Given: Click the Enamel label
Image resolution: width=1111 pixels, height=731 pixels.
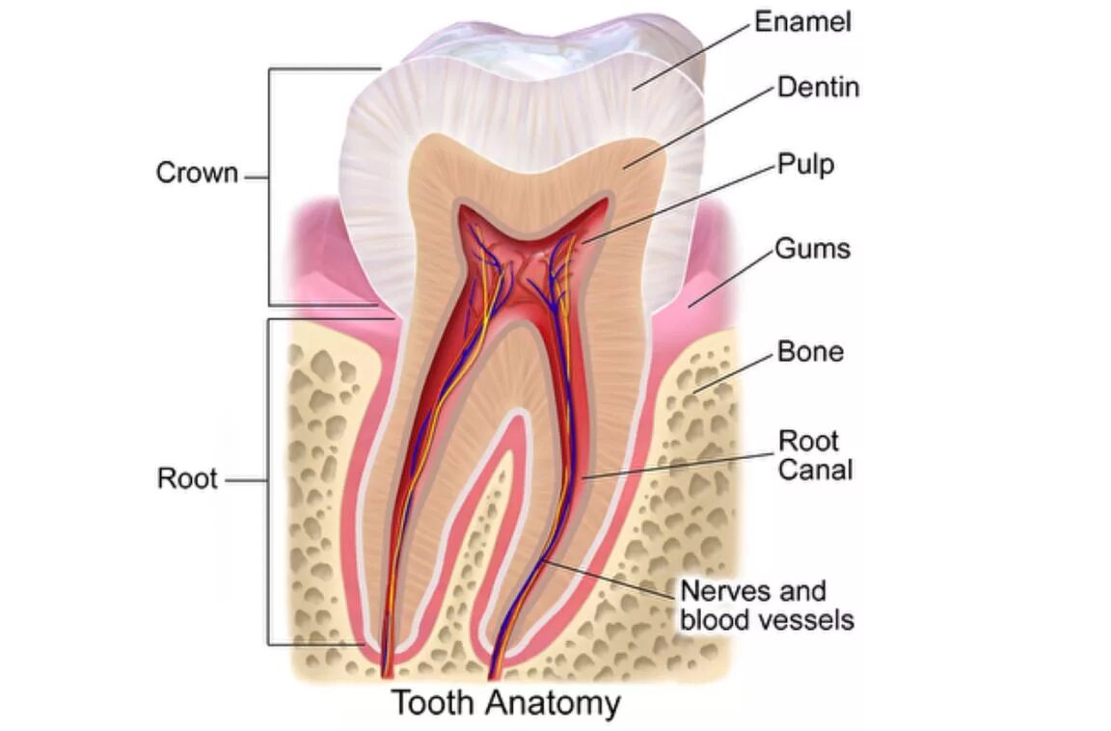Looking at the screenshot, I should [x=802, y=22].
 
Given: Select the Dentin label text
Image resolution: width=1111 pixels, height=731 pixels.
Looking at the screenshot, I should [x=818, y=88].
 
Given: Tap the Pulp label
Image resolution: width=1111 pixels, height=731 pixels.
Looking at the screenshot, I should [x=805, y=165].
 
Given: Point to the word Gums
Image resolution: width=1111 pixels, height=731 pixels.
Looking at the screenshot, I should [x=813, y=249].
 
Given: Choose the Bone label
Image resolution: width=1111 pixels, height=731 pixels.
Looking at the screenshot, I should [x=810, y=352].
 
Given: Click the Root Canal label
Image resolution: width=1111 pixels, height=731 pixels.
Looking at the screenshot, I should [x=816, y=455].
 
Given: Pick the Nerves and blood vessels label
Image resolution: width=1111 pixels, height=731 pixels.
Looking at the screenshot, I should [x=767, y=605].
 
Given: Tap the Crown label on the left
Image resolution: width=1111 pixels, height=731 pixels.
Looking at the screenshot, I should [x=197, y=174].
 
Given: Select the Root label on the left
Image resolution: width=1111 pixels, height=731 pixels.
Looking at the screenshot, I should [x=187, y=478].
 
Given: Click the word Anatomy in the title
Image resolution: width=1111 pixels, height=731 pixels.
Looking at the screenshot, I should [x=553, y=703].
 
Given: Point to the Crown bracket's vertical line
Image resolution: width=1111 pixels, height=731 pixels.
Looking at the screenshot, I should [x=269, y=183].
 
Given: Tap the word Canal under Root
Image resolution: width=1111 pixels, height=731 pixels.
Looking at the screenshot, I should [x=816, y=471].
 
